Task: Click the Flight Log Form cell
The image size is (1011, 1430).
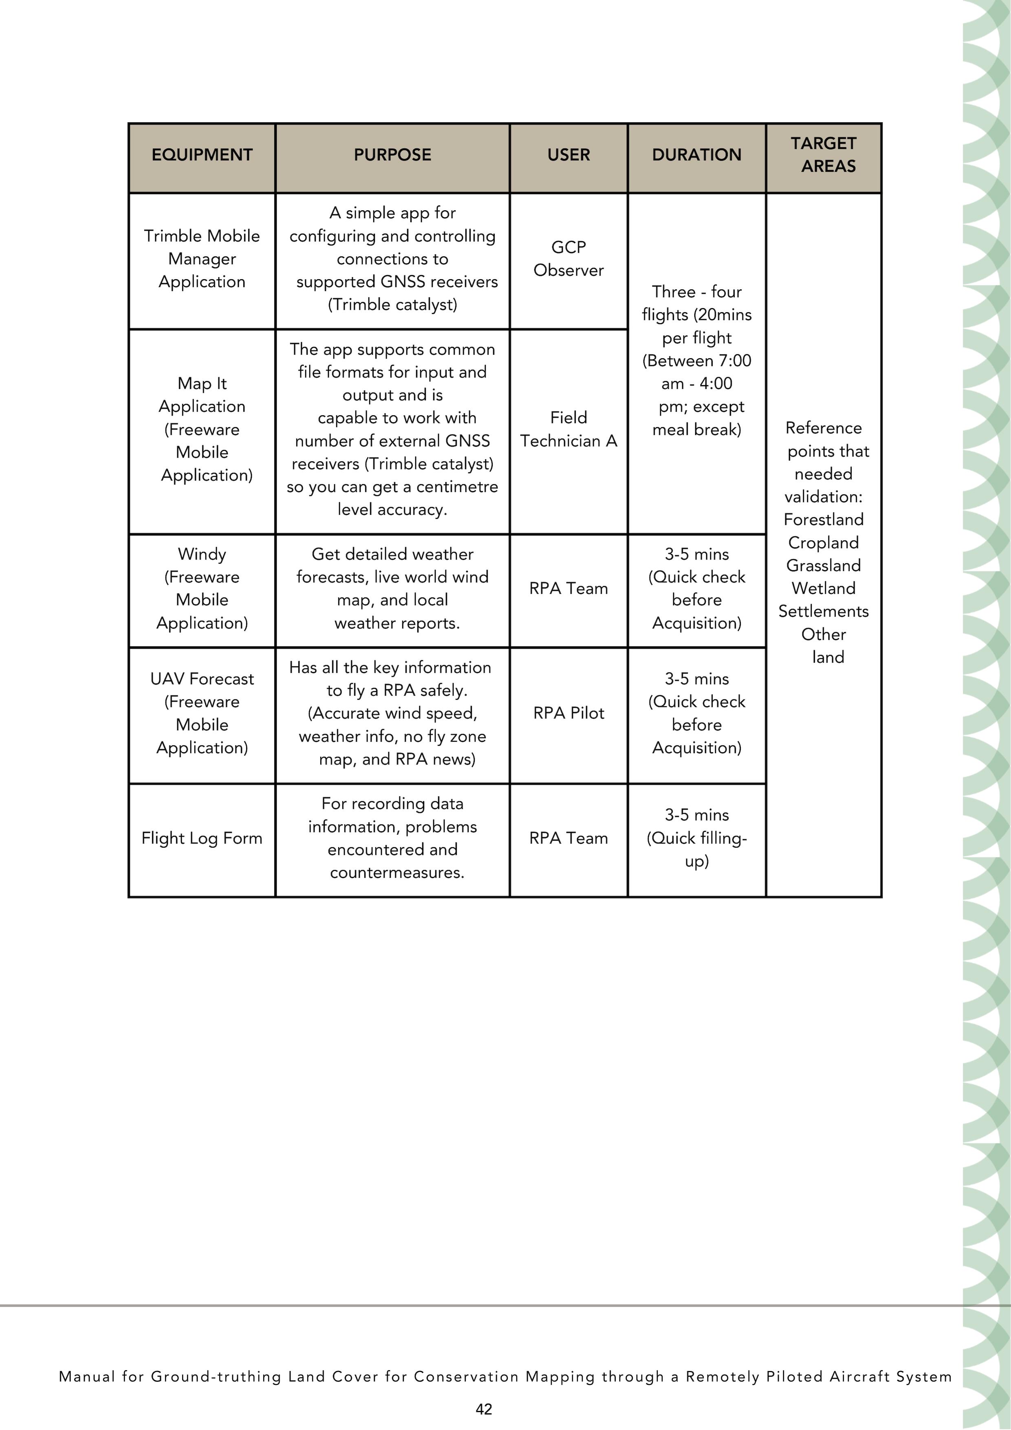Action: (x=202, y=838)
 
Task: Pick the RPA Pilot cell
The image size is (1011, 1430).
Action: (x=568, y=713)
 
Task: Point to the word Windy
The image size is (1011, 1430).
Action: (x=202, y=554)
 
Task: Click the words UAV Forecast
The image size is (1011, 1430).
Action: (x=202, y=679)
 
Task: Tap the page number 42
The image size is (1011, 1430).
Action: (x=484, y=1409)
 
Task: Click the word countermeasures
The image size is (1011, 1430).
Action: (x=397, y=873)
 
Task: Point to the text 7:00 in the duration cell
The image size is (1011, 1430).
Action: (x=734, y=361)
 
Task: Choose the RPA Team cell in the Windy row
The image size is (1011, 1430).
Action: (x=568, y=588)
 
